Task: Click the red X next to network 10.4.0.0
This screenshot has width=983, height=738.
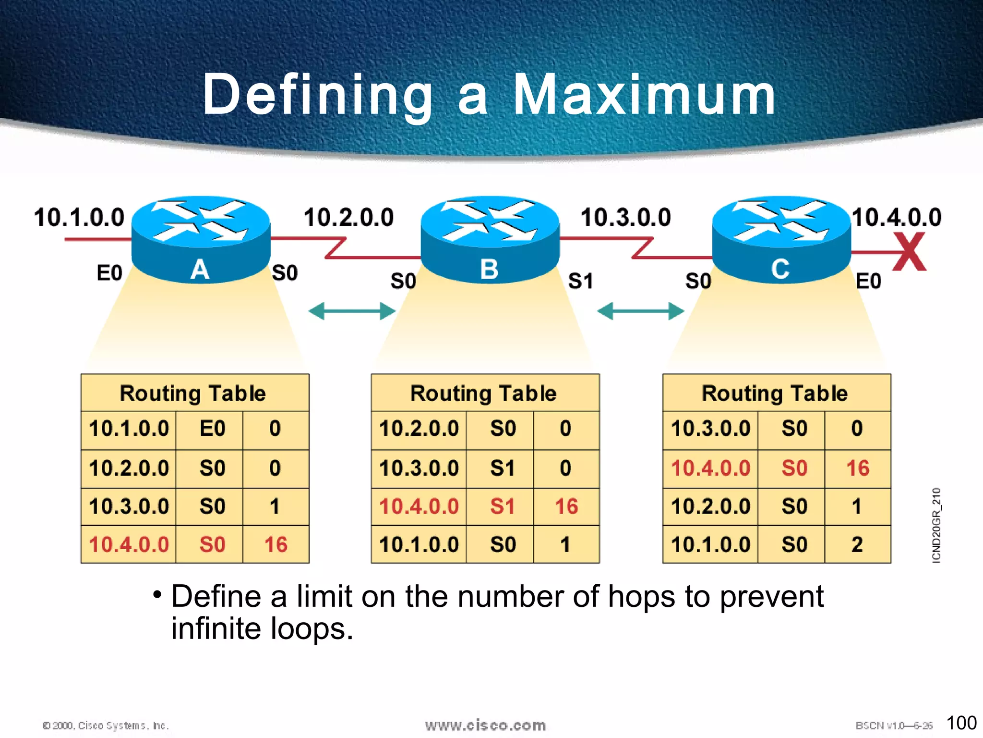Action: [x=909, y=252]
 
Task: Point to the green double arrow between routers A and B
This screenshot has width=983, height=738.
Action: [x=352, y=311]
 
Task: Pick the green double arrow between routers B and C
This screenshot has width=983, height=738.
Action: [x=640, y=311]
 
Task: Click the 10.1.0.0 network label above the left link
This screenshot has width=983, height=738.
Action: [x=79, y=217]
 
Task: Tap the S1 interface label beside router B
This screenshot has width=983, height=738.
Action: [x=580, y=281]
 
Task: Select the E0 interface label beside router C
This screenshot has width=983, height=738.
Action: [x=868, y=281]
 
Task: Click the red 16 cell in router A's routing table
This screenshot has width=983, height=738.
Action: [x=276, y=545]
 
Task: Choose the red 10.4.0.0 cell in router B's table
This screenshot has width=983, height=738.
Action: [x=419, y=506]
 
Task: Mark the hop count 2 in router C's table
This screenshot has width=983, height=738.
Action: [x=857, y=545]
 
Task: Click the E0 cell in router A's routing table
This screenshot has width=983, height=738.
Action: [x=212, y=429]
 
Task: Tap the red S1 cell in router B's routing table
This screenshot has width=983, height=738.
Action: [x=502, y=506]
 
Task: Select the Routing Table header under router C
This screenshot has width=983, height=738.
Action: [x=775, y=393]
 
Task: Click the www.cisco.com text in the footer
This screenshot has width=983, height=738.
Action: [x=485, y=725]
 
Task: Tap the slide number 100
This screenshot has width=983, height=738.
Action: [x=961, y=723]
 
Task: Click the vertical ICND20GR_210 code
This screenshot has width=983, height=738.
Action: [x=936, y=525]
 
